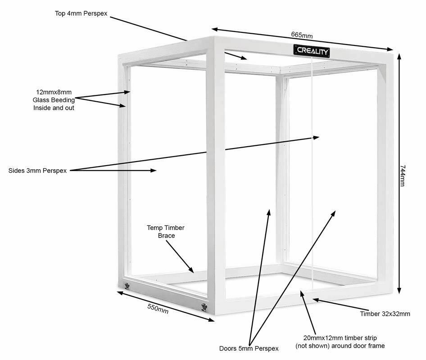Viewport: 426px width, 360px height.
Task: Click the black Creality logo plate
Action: (x=312, y=50)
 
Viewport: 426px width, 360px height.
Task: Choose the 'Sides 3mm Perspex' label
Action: (x=38, y=171)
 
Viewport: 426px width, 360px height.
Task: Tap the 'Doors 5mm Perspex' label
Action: (x=249, y=348)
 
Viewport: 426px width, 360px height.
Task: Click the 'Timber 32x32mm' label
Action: (x=385, y=314)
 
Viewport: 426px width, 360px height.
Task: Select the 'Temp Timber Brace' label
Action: (x=166, y=232)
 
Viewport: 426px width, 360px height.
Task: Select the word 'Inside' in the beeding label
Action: (x=42, y=108)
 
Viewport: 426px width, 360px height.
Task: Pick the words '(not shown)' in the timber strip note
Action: (x=311, y=346)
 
